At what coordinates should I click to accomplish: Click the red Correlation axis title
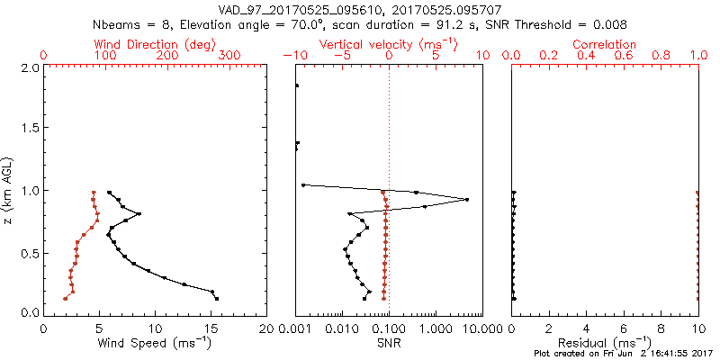[x=605, y=43]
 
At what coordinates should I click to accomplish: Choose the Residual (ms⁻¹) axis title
[x=605, y=343]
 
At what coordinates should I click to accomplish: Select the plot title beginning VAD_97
[x=360, y=10]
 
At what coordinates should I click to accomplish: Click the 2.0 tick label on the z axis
[x=28, y=67]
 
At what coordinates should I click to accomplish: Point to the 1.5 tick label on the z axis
[x=28, y=129]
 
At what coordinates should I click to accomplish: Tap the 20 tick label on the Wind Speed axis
[x=267, y=328]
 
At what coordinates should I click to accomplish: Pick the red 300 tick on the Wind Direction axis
[x=229, y=56]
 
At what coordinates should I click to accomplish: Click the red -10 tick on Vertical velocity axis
[x=293, y=56]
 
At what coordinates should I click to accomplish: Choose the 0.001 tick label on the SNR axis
[x=297, y=328]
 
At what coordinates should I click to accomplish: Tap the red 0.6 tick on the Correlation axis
[x=624, y=56]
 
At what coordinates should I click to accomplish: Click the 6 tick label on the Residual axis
[x=624, y=328]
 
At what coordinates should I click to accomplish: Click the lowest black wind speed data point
[x=217, y=298]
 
